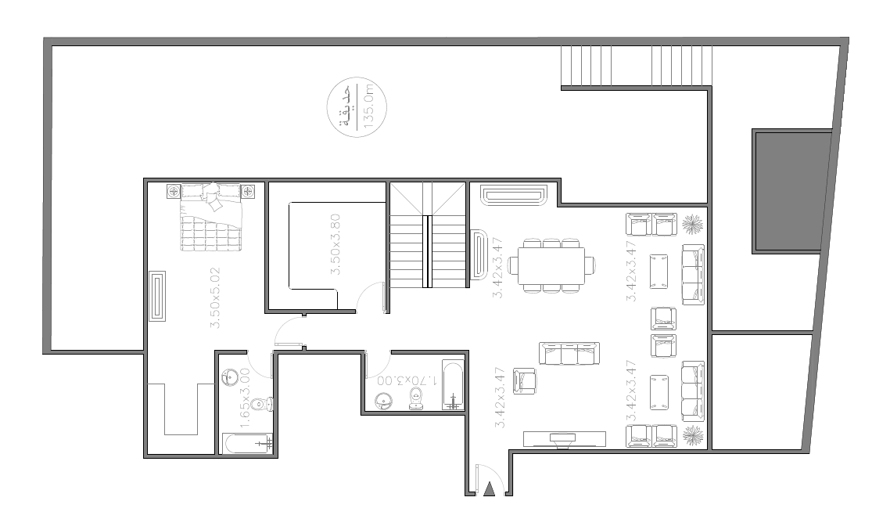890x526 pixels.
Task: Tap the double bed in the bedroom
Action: (x=211, y=218)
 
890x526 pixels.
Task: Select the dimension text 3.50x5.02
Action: (x=215, y=297)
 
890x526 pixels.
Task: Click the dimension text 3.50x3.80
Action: (x=336, y=244)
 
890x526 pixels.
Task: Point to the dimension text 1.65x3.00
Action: (x=245, y=398)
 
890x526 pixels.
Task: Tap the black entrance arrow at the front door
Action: (x=490, y=488)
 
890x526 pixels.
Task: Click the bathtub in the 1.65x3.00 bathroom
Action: (x=248, y=443)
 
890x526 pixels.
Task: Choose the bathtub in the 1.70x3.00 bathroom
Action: (x=453, y=384)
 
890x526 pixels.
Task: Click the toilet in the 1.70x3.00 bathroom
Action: (x=417, y=398)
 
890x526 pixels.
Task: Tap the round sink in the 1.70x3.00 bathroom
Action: (x=384, y=401)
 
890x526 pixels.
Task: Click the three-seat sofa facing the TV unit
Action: (x=569, y=353)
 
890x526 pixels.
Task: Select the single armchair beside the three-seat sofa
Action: (x=525, y=381)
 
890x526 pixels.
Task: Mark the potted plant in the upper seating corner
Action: (x=693, y=225)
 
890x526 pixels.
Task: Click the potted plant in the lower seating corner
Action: (x=693, y=436)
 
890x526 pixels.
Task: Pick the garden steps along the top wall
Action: (x=636, y=67)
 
